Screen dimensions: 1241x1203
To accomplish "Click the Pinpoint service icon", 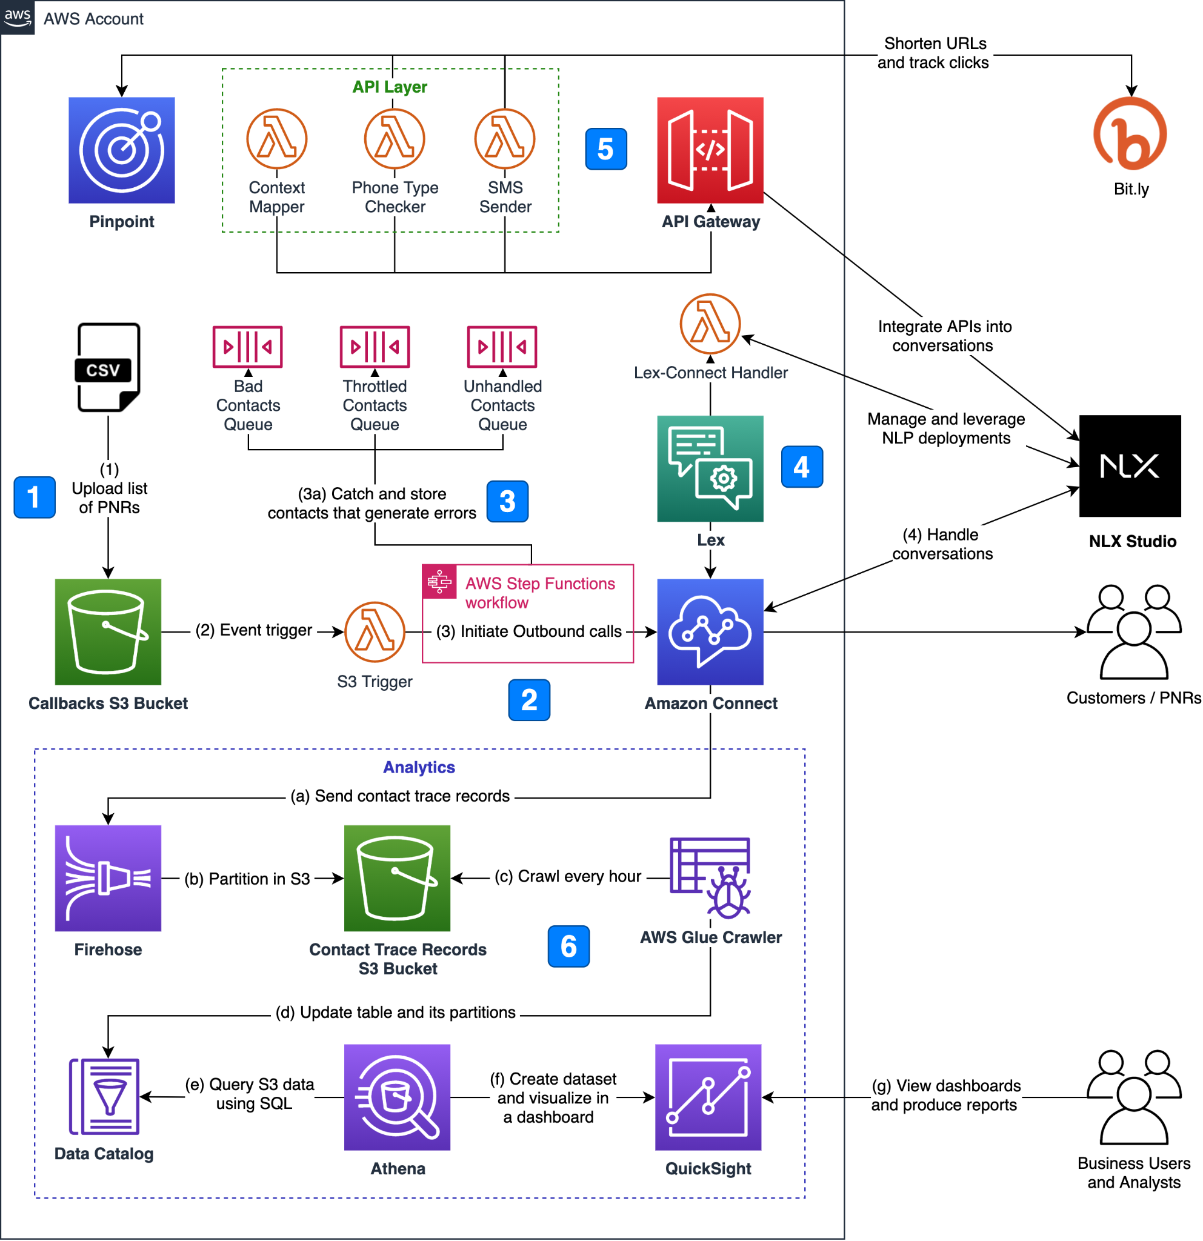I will click(x=122, y=150).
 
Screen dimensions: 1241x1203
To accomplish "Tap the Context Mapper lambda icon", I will click(x=277, y=139).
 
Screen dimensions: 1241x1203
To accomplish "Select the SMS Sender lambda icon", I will click(x=505, y=139).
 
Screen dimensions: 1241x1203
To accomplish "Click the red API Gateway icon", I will click(x=710, y=150).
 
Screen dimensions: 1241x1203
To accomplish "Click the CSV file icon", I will click(x=108, y=367).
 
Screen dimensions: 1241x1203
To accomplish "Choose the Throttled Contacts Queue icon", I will click(x=375, y=347).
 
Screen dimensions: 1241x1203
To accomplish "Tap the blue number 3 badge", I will click(x=507, y=502).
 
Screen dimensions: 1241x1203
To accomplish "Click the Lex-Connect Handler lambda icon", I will click(x=710, y=324).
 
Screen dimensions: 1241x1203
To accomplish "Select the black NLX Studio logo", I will click(x=1130, y=466).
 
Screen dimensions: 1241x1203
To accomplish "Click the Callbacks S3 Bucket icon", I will click(x=108, y=631).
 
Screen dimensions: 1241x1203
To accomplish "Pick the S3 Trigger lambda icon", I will click(x=375, y=631).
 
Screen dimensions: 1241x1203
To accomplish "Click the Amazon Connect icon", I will click(x=710, y=631).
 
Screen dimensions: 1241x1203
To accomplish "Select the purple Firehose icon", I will click(x=108, y=877).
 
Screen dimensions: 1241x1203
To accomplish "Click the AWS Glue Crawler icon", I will click(x=710, y=877).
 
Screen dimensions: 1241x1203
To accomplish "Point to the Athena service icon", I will click(x=397, y=1097).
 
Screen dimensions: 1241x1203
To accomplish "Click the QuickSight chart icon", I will click(x=708, y=1097).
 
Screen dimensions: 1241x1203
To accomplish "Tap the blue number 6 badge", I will click(x=568, y=946).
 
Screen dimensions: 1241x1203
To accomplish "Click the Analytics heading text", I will click(x=419, y=767).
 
